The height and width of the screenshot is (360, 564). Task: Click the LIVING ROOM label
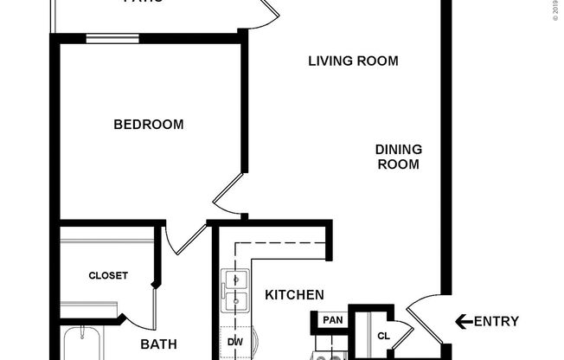pos(353,61)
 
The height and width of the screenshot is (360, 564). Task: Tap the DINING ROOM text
pos(397,157)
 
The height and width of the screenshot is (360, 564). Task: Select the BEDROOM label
pos(149,125)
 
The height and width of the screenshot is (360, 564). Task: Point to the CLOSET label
pos(108,276)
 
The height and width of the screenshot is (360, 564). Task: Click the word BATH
pos(159,344)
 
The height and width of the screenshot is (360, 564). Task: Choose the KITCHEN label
pos(294,295)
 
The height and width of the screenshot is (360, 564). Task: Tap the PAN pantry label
pos(331,320)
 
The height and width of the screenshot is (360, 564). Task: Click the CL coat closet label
pos(383,335)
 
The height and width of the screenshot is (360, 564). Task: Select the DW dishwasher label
pos(234,342)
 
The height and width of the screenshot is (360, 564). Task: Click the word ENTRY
pos(497,322)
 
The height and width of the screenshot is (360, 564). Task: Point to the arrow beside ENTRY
pos(463,322)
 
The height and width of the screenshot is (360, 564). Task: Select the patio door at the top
pos(264,11)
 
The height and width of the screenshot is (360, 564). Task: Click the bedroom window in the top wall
pos(112,37)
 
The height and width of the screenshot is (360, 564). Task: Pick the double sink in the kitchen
pos(234,292)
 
